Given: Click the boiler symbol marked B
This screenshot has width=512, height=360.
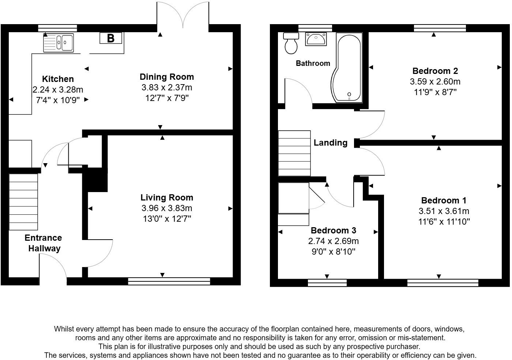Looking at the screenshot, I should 111,38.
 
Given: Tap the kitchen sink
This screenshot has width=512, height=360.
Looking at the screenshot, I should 59,42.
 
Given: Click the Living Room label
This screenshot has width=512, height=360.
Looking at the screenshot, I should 167,198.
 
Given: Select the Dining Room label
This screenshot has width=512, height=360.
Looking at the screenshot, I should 167,77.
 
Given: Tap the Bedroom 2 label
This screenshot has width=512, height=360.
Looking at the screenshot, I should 435,71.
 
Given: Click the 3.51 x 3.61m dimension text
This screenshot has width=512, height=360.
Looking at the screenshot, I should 444,211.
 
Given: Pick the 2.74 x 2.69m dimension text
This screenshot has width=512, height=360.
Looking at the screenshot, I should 333,241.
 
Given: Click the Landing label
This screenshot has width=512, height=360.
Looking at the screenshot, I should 330,143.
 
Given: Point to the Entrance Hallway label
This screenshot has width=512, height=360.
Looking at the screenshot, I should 44,243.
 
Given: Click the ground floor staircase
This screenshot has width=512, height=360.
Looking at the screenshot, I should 23,202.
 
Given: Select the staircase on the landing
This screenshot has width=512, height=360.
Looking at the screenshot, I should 294,153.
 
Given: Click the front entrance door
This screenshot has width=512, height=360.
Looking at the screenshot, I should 53,269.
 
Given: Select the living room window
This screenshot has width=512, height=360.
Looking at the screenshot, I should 169,281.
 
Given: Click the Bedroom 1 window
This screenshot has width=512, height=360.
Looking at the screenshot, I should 443,282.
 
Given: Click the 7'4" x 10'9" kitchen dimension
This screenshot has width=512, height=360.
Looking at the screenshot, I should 58,100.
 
